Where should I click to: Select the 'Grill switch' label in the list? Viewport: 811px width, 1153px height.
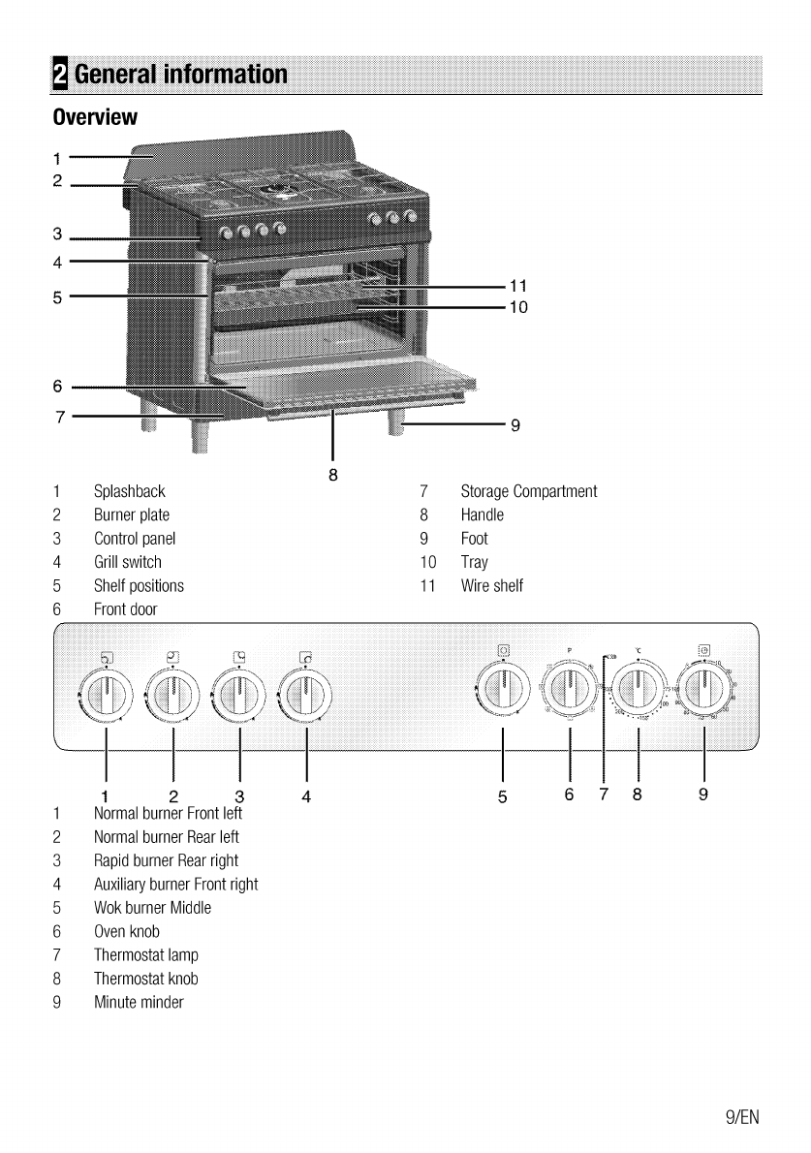[x=128, y=562]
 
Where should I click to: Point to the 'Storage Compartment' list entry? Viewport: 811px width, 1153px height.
[x=529, y=492]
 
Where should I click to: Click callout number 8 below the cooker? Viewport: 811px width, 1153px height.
[x=332, y=474]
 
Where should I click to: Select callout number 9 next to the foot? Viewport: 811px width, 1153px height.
[x=515, y=423]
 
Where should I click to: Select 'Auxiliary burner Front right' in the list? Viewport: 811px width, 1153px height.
[x=175, y=885]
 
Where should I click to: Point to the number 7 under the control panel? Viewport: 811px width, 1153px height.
[x=603, y=795]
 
